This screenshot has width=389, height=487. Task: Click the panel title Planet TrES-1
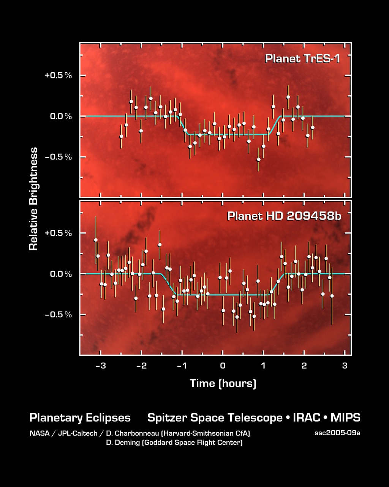pos(302,59)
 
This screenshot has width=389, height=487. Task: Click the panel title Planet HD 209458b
pos(284,216)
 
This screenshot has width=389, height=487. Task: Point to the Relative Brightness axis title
pos(34,199)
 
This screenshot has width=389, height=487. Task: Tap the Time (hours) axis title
pos(223,383)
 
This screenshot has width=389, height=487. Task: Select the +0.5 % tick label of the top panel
pos(58,75)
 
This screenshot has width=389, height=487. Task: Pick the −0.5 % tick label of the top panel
pos(58,157)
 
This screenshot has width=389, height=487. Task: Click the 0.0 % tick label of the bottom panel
pos(61,274)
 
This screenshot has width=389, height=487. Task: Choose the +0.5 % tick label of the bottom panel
pos(58,233)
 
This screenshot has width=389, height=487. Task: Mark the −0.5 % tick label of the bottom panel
pos(58,315)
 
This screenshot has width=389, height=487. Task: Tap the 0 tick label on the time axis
pos(223,366)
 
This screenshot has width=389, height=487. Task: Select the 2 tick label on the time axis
pos(304,366)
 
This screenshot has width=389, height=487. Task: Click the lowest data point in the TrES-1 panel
pos(259,159)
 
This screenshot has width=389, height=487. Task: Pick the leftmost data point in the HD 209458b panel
pos(96,240)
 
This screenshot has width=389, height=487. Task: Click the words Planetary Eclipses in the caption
pos(80,418)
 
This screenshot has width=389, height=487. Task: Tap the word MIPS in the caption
pos(345,418)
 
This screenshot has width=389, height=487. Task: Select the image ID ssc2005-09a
pos(337,433)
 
